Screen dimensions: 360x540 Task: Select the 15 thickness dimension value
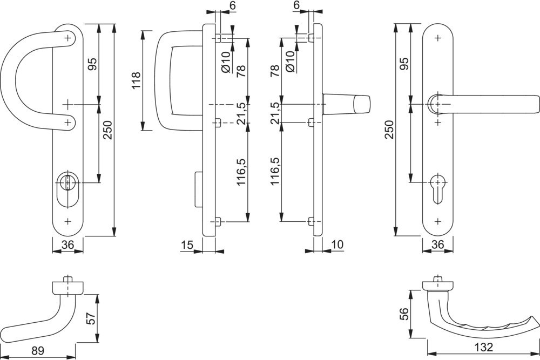pos(187,246)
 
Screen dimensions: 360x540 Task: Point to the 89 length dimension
pos(37,351)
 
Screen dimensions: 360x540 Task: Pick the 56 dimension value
pos(403,313)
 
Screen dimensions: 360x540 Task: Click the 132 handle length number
pos(484,348)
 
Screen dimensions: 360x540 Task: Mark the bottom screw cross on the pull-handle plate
pos(67,221)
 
